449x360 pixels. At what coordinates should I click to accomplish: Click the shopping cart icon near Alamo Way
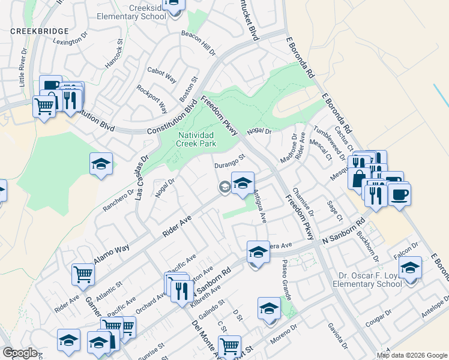pyautogui.click(x=83, y=274)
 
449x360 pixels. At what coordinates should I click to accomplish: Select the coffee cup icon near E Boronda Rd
pyautogui.click(x=399, y=194)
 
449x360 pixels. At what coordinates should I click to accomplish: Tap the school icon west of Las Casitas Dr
pyautogui.click(x=101, y=164)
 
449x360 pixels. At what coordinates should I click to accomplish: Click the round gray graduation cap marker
pyautogui.click(x=224, y=187)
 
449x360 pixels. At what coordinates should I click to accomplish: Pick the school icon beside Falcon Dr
pyautogui.click(x=411, y=268)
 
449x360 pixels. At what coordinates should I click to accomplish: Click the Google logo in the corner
pyautogui.click(x=20, y=353)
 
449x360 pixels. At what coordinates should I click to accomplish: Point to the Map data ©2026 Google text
pyautogui.click(x=412, y=355)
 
